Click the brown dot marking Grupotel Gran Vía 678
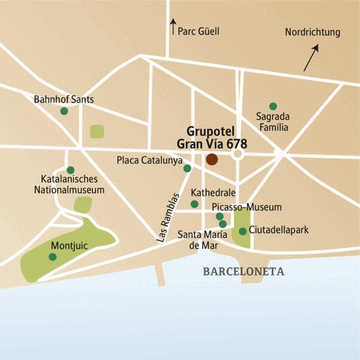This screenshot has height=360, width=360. [212, 160]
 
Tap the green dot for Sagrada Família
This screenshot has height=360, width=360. [273, 106]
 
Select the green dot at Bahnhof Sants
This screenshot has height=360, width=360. [64, 111]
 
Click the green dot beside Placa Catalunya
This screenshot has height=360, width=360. [187, 169]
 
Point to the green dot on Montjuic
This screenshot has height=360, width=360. [53, 257]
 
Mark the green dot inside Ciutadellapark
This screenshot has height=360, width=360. [242, 231]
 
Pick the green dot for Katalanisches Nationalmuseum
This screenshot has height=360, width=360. [70, 170]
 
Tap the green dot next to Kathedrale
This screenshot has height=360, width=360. [194, 205]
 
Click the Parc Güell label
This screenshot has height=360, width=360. [199, 31]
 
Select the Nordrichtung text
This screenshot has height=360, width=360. [312, 32]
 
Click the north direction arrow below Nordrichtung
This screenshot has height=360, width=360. [311, 58]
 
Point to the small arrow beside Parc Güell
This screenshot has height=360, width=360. [173, 26]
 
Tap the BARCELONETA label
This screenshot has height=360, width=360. [243, 272]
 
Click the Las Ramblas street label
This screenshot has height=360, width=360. [169, 217]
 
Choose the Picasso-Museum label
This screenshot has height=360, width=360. [247, 207]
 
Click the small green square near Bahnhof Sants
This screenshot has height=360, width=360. [97, 131]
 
